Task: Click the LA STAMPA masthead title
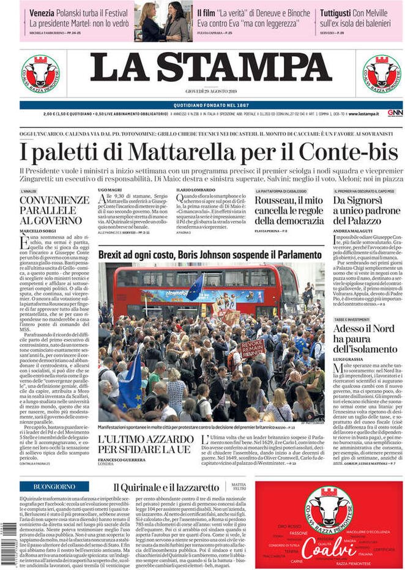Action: click(x=211, y=67)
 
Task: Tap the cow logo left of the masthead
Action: click(x=40, y=73)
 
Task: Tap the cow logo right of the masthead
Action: click(x=382, y=73)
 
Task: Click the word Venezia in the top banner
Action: click(x=42, y=12)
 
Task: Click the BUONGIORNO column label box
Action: click(x=54, y=486)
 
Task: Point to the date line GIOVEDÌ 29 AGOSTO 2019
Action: click(x=211, y=91)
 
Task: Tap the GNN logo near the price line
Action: click(x=395, y=113)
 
